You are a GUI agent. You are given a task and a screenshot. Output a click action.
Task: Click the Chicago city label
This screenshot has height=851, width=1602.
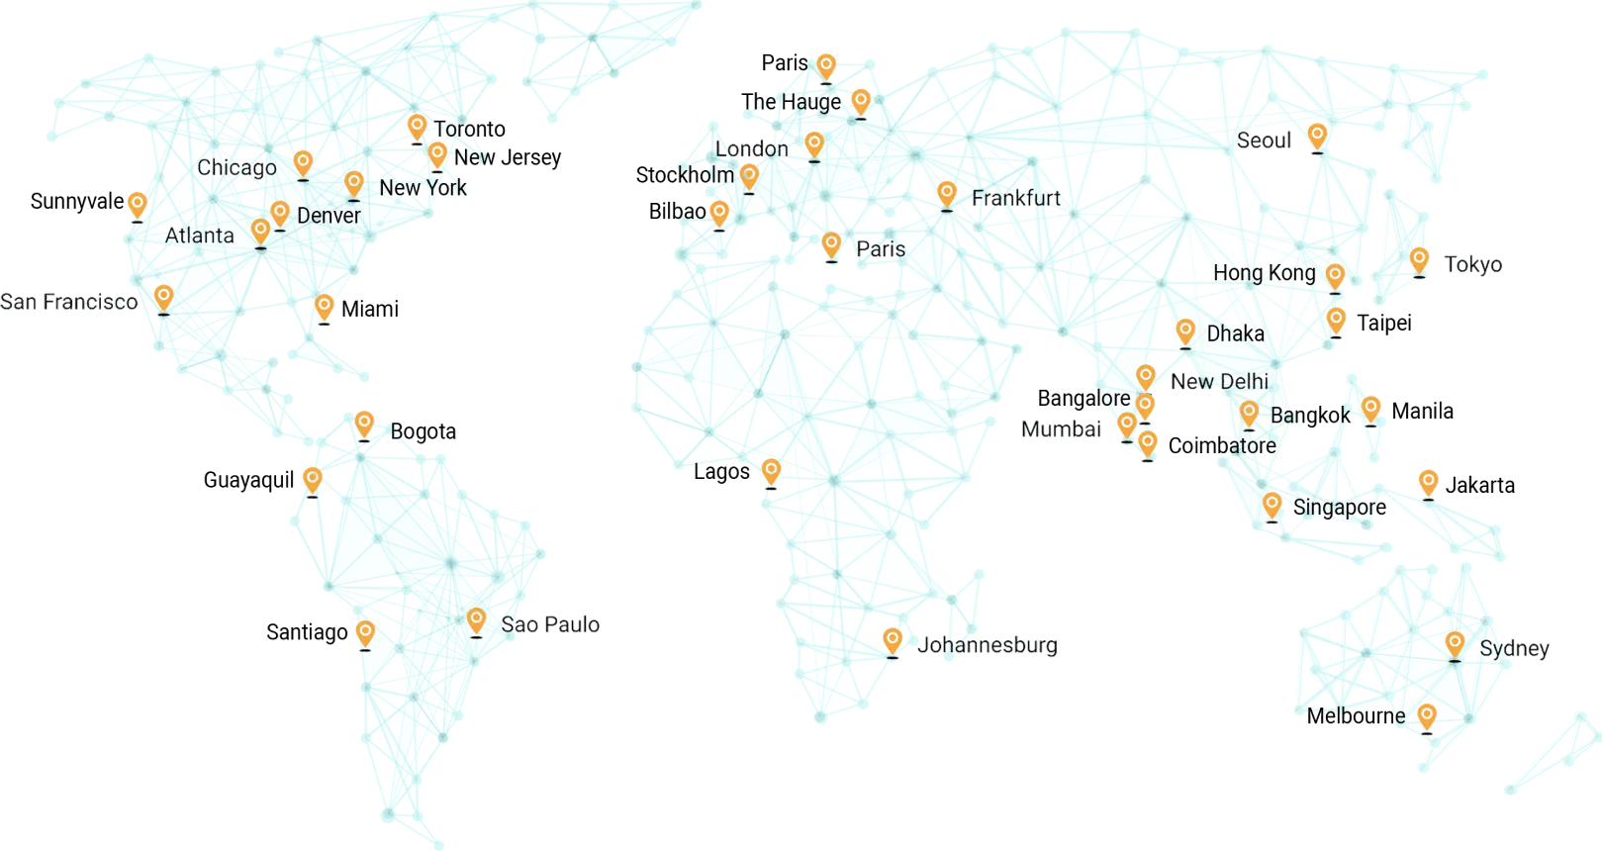tap(236, 167)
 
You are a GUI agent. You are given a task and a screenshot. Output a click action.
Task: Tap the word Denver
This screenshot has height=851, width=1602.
tap(329, 215)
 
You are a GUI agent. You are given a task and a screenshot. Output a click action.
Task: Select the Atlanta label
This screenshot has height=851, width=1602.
tap(199, 236)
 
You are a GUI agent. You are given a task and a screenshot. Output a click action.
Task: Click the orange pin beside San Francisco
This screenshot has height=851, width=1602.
tap(163, 297)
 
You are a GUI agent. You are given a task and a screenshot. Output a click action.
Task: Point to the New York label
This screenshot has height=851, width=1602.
tap(423, 188)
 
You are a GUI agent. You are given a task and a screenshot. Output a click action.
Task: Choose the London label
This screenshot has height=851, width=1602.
tap(751, 149)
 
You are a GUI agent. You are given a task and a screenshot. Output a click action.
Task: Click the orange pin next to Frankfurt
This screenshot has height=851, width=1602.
tap(947, 194)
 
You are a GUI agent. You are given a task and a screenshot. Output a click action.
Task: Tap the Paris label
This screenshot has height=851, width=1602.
tap(880, 248)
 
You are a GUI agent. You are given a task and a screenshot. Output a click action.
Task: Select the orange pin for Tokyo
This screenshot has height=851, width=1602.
tap(1419, 260)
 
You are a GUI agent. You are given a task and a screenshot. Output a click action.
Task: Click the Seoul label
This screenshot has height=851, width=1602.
tap(1265, 141)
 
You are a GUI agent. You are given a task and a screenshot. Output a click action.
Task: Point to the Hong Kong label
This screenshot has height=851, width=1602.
tap(1264, 273)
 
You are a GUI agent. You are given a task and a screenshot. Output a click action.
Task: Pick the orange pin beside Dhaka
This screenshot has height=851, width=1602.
tap(1184, 331)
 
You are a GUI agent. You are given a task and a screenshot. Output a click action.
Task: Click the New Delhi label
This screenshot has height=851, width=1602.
tap(1219, 381)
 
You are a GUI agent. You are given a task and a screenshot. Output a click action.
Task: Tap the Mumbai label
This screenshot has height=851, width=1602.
tap(1061, 429)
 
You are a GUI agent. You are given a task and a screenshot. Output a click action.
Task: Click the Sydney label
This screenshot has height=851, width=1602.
tap(1514, 649)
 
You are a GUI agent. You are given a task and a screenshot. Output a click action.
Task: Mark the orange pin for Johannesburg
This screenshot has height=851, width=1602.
tap(893, 640)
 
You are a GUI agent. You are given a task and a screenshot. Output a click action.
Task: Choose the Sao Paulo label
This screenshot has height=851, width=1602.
tap(550, 624)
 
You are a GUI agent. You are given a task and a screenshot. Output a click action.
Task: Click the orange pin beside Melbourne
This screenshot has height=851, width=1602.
tap(1426, 715)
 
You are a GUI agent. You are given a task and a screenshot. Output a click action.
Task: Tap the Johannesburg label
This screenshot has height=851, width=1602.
tap(987, 646)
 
